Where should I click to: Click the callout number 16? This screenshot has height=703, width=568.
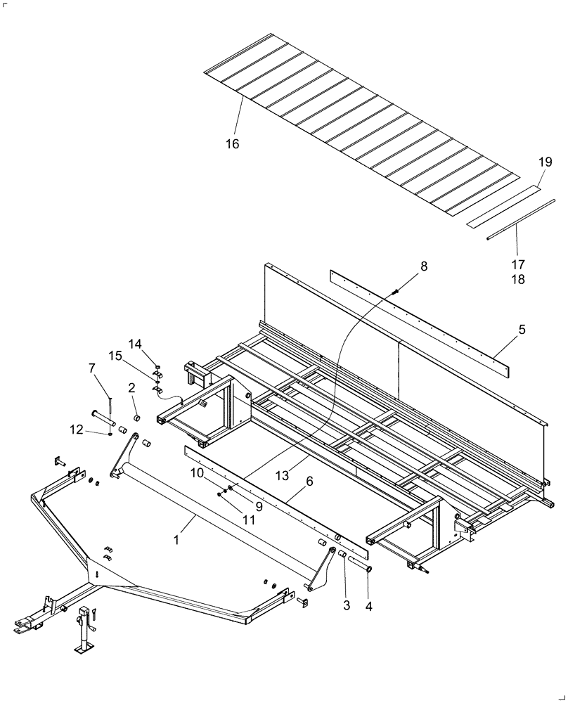click(x=232, y=144)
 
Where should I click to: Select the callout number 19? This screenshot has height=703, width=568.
click(x=546, y=162)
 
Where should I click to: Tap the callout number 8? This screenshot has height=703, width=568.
click(x=422, y=266)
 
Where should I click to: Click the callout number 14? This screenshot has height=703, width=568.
click(x=135, y=344)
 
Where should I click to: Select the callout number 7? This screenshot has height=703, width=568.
click(x=92, y=368)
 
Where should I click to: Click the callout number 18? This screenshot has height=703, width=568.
click(x=518, y=280)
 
